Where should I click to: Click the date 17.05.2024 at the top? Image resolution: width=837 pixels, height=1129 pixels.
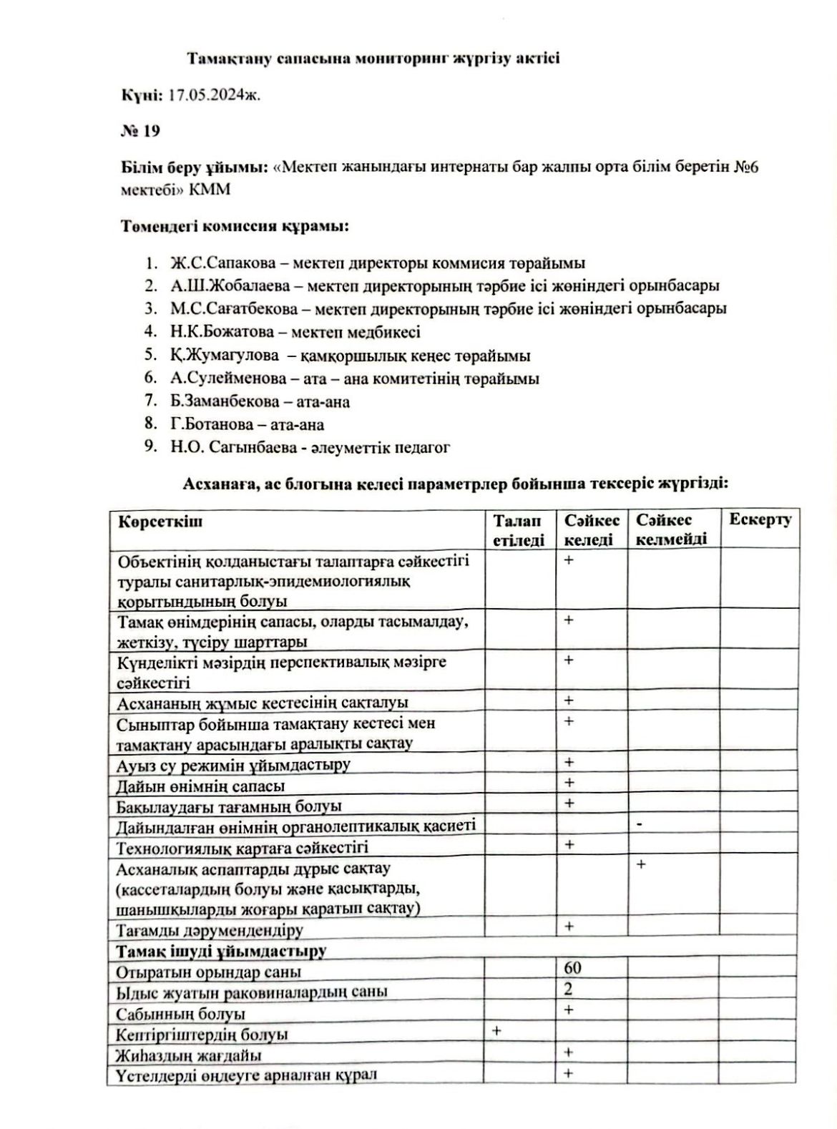[214, 95]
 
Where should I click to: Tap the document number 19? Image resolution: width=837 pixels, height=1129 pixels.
[151, 131]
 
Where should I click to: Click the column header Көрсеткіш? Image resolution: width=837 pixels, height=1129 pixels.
[160, 521]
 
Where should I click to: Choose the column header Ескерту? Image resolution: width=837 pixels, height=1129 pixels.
[760, 520]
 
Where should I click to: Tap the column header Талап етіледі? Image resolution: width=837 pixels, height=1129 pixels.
[519, 529]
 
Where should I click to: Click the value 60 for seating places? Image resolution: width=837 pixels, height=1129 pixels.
[572, 969]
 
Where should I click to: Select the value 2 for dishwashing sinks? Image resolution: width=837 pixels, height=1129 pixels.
[569, 990]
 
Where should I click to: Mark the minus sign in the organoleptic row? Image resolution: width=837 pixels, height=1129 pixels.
[639, 825]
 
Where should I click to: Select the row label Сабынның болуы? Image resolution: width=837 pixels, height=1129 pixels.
[181, 1014]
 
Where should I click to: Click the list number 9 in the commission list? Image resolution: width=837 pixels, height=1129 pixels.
[150, 447]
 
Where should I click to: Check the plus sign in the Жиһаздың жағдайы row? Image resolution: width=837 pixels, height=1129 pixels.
[569, 1052]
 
